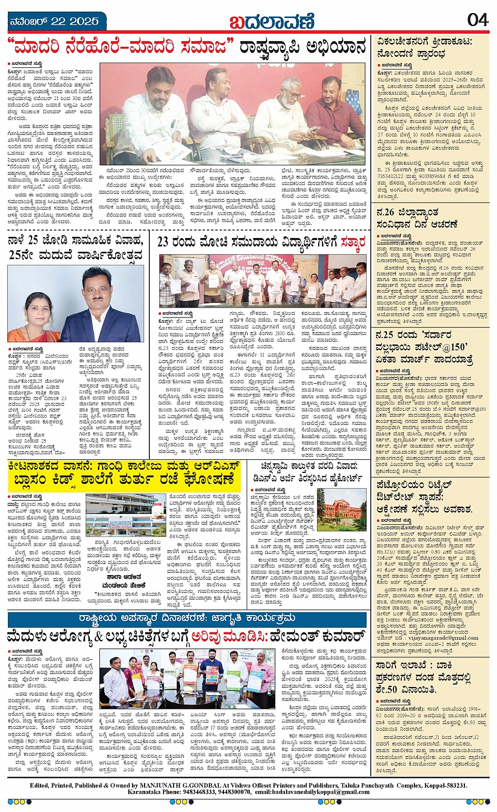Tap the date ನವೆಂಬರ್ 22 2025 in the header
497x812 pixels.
(x=55, y=22)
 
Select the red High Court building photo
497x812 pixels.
(x=341, y=510)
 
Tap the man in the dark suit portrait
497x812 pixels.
(x=100, y=306)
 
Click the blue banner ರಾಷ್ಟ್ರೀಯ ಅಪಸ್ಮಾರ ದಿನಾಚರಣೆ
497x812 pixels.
(x=187, y=618)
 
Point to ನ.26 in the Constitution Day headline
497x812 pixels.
(x=387, y=212)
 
